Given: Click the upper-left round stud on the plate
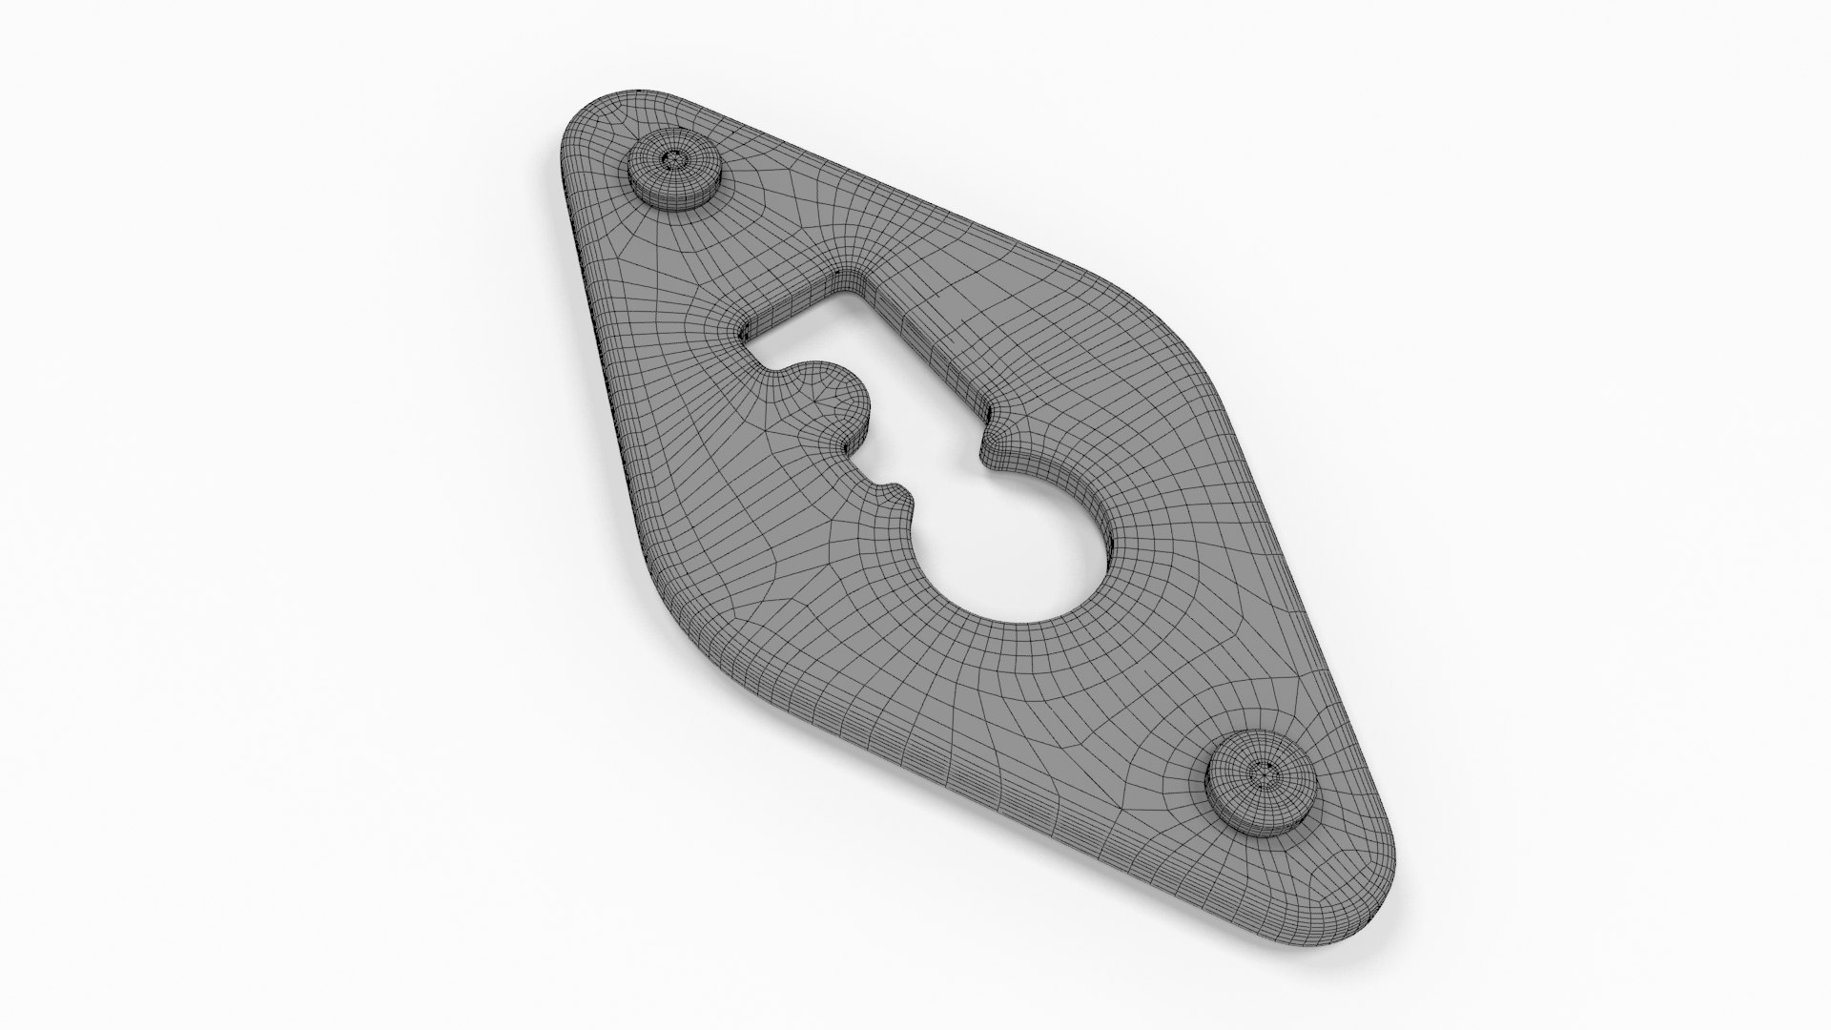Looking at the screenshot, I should point(673,172).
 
